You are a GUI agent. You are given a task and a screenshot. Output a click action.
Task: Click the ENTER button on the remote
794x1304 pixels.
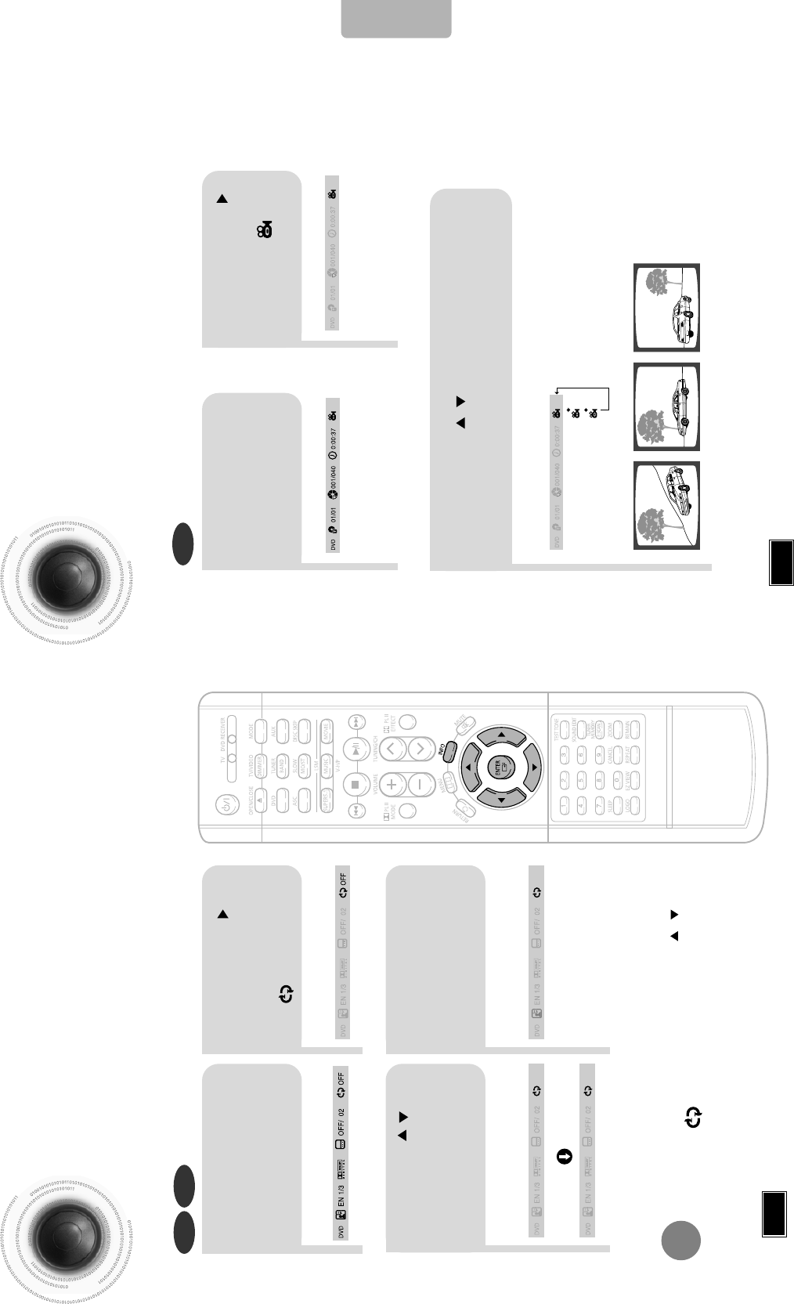pyautogui.click(x=498, y=767)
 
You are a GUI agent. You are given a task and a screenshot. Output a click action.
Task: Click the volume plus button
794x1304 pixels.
pyautogui.click(x=391, y=782)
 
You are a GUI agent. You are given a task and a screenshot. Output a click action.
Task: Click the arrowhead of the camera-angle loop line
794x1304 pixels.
pyautogui.click(x=556, y=389)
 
